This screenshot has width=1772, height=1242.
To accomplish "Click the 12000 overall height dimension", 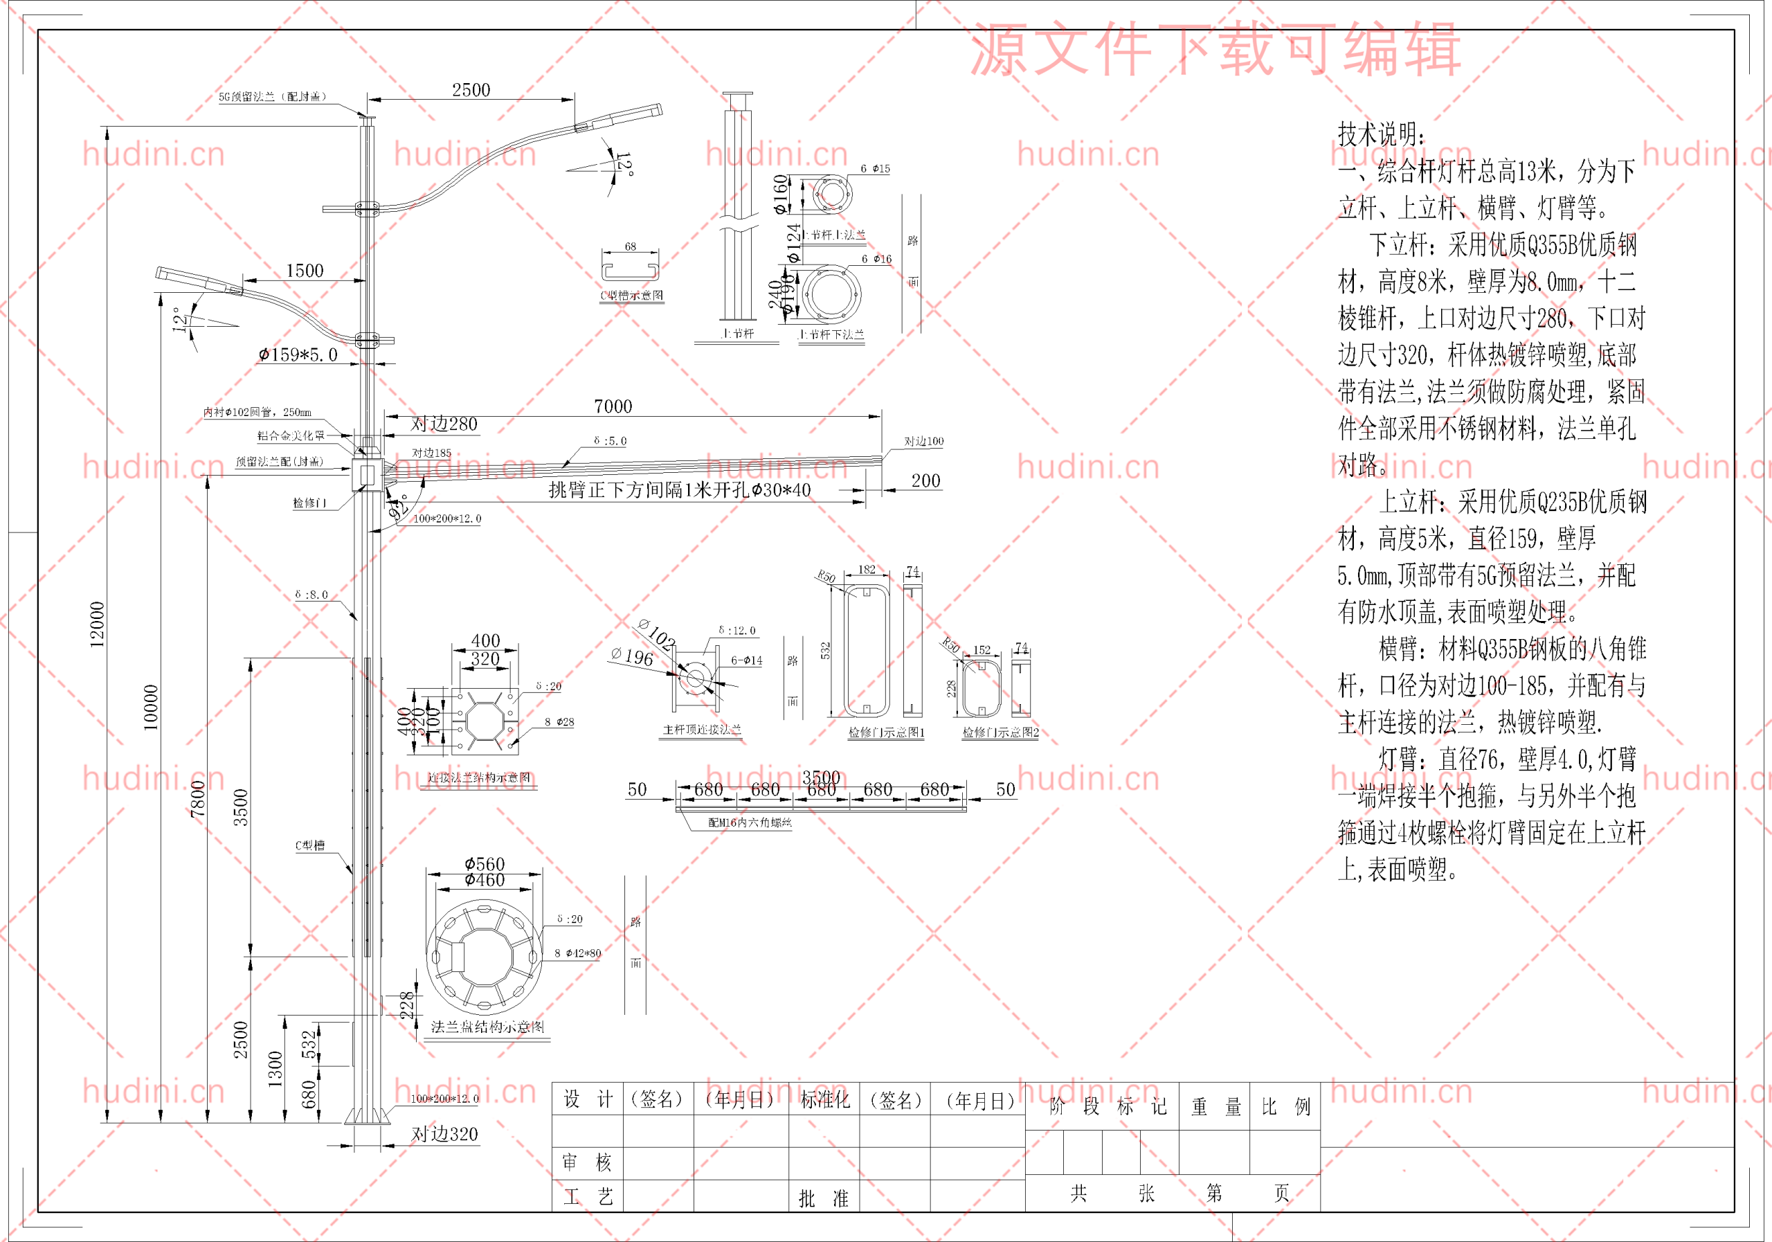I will click(x=97, y=624).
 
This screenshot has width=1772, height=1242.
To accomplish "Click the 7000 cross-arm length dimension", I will click(x=613, y=406).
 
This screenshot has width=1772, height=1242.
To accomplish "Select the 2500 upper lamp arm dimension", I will click(x=471, y=90).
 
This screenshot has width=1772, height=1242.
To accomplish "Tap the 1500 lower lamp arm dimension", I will click(x=305, y=270).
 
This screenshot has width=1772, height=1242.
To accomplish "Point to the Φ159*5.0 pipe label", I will click(x=298, y=354).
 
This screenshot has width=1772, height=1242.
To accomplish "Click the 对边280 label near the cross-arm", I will click(x=444, y=424).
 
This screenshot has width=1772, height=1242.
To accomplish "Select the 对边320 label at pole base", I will click(x=444, y=1134).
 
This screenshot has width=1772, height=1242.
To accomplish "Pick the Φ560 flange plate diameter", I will click(x=485, y=864).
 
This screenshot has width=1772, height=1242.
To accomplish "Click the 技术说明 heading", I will click(x=1382, y=134).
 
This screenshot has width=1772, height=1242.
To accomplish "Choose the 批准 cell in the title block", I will click(x=824, y=1198).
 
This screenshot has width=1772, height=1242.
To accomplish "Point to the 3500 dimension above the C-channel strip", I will click(x=820, y=777).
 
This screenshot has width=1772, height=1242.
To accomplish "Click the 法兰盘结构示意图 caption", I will click(x=487, y=1027).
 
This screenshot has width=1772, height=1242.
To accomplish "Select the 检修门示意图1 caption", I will click(x=886, y=732).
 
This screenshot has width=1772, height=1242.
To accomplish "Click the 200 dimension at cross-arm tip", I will click(x=925, y=481).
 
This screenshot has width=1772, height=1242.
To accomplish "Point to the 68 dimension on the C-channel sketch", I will click(x=631, y=246).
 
